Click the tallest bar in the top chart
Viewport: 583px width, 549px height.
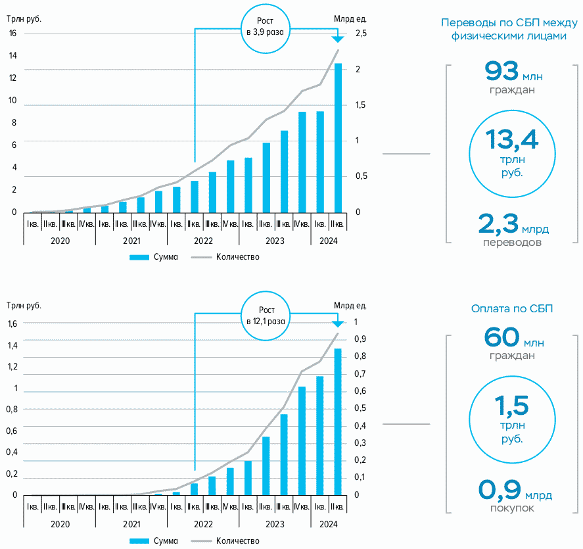click(x=338, y=138)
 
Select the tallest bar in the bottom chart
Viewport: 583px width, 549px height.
click(x=338, y=421)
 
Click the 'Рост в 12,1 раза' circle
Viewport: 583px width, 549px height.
click(x=266, y=316)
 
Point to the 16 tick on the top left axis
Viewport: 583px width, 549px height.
click(x=13, y=34)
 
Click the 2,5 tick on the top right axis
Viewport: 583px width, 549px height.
click(x=361, y=34)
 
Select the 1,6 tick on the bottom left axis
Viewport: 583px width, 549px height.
click(x=13, y=323)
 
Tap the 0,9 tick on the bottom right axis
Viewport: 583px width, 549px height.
click(x=360, y=339)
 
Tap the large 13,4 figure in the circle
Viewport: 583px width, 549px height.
click(x=512, y=139)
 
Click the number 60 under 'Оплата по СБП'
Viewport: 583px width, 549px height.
click(x=501, y=337)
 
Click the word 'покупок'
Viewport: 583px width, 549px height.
click(x=512, y=508)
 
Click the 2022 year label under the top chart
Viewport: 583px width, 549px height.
click(x=203, y=241)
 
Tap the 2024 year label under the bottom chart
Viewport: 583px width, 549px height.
click(x=329, y=525)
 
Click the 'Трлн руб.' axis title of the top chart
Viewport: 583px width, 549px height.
click(x=24, y=18)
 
